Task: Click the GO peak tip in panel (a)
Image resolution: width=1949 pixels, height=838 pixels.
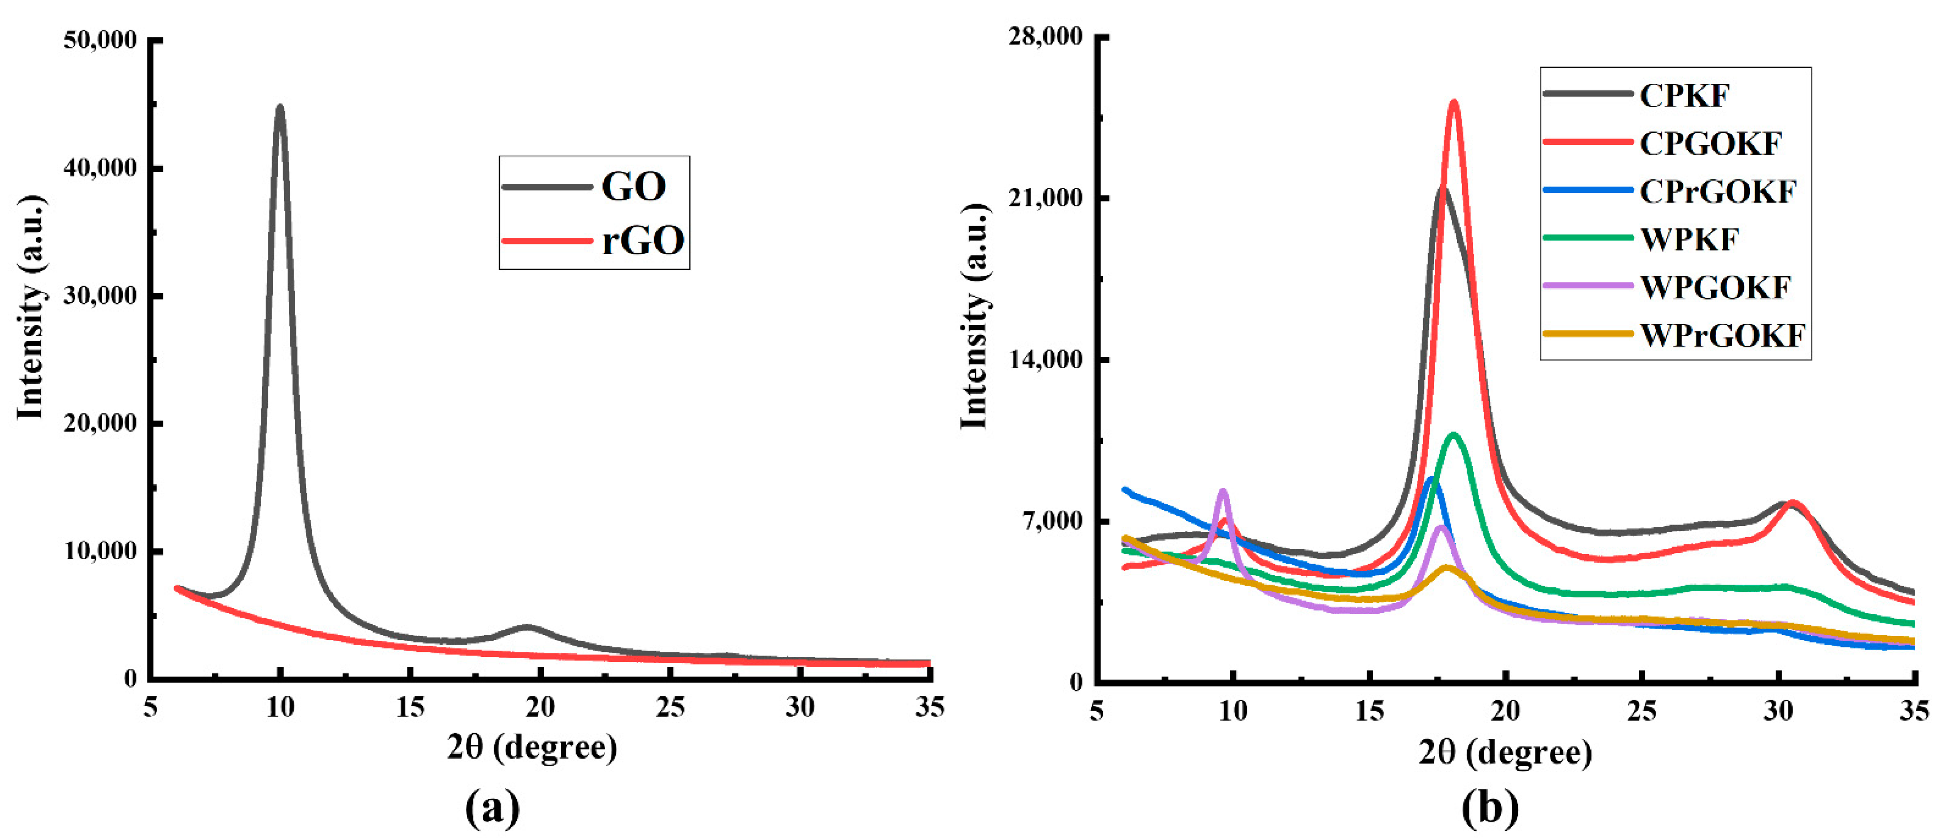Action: click(280, 108)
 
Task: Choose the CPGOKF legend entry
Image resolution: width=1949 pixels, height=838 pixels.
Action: click(1710, 143)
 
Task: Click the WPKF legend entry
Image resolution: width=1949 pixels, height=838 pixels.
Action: click(1689, 239)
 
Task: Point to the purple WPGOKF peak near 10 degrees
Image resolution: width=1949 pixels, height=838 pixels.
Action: click(1223, 491)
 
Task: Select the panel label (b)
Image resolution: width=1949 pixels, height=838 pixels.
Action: click(1490, 808)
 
